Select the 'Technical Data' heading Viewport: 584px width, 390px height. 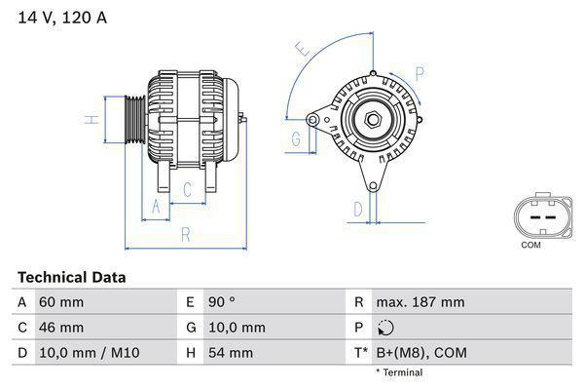pos(71,277)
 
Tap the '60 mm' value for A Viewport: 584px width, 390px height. pos(60,302)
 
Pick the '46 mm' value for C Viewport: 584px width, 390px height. pos(60,327)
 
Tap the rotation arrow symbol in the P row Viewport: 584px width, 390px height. pos(387,328)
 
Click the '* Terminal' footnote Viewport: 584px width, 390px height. pos(399,372)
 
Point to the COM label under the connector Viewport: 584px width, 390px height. pos(530,245)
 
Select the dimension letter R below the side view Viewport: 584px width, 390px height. pos(184,234)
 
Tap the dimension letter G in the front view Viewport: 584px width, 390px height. pos(295,139)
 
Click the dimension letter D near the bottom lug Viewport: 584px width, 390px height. pos(358,209)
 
